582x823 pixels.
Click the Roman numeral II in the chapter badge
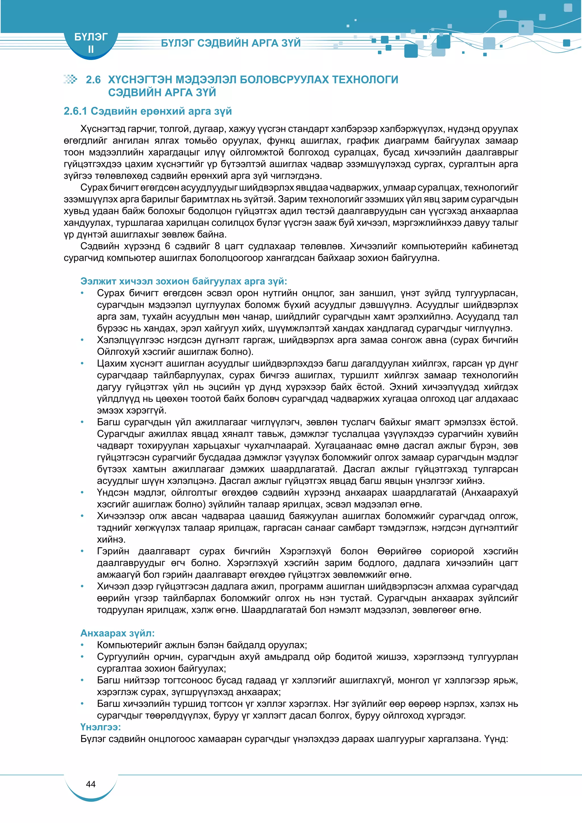91,49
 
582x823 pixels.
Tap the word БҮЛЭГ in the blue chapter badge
91,37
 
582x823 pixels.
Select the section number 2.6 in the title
93,80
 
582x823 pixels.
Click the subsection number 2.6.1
75,111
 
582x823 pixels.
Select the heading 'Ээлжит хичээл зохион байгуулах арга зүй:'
184,281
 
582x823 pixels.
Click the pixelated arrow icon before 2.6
70,79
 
